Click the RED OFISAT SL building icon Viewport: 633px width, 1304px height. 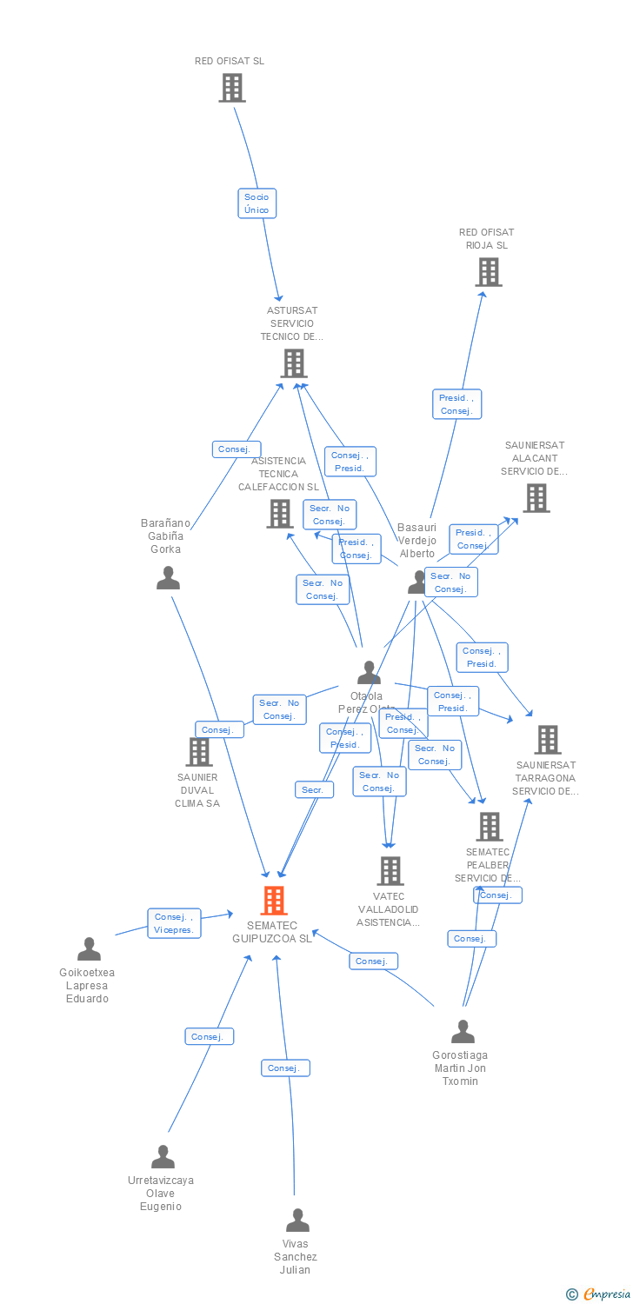point(232,88)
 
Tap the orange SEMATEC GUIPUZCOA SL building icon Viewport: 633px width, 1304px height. point(274,901)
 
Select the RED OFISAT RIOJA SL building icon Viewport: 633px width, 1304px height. point(489,272)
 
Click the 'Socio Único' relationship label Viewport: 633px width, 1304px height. point(257,203)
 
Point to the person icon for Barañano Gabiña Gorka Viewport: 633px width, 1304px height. point(168,578)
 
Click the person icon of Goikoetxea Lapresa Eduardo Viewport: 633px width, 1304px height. point(89,949)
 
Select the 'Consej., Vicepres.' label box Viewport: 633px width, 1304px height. point(174,923)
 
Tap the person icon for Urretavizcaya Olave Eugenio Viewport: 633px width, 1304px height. point(163,1157)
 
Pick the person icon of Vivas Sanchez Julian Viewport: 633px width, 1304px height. point(297,1221)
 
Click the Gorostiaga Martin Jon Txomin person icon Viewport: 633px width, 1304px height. point(463,1032)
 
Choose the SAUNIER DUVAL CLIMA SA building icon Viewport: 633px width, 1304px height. point(199,752)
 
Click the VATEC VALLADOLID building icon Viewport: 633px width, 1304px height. point(390,870)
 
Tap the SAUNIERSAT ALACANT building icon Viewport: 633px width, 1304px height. point(536,498)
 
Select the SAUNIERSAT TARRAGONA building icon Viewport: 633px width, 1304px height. point(548,740)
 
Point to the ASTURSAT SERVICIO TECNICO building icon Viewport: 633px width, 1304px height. point(294,363)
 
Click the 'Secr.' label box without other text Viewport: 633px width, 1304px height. point(313,789)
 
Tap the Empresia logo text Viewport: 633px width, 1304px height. point(605,1294)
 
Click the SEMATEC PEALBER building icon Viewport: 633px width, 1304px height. point(490,827)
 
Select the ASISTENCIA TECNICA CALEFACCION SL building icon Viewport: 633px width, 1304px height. point(279,514)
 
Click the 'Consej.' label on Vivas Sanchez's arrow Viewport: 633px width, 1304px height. point(284,1068)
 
